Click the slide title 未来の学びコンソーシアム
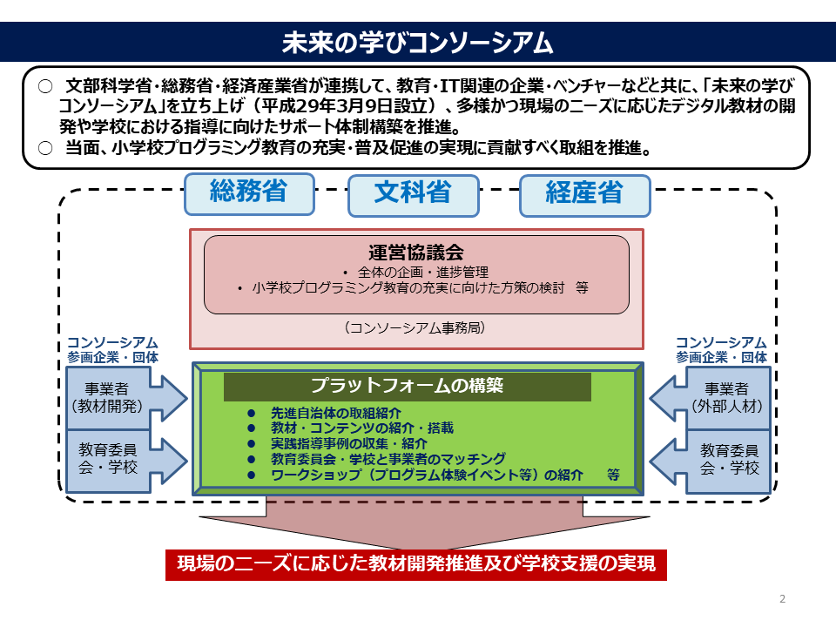pyautogui.click(x=417, y=43)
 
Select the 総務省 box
pyautogui.click(x=250, y=194)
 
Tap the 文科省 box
pyautogui.click(x=413, y=196)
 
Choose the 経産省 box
pyautogui.click(x=585, y=196)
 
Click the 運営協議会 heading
pyautogui.click(x=416, y=253)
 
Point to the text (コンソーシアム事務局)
pyautogui.click(x=415, y=327)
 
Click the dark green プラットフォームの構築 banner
pyautogui.click(x=408, y=386)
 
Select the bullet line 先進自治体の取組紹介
pyautogui.click(x=336, y=413)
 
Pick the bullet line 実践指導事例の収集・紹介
pyautogui.click(x=349, y=443)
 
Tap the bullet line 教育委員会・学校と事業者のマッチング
pyautogui.click(x=388, y=459)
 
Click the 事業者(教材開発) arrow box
pyautogui.click(x=126, y=398)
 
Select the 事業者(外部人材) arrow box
pyautogui.click(x=711, y=398)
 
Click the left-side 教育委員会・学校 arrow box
pyautogui.click(x=126, y=461)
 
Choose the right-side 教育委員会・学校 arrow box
pyautogui.click(x=711, y=461)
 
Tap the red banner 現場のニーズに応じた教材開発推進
pyautogui.click(x=416, y=564)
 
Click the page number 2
pyautogui.click(x=782, y=599)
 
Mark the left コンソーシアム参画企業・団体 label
pyautogui.click(x=112, y=350)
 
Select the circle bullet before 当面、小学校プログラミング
pyautogui.click(x=46, y=148)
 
